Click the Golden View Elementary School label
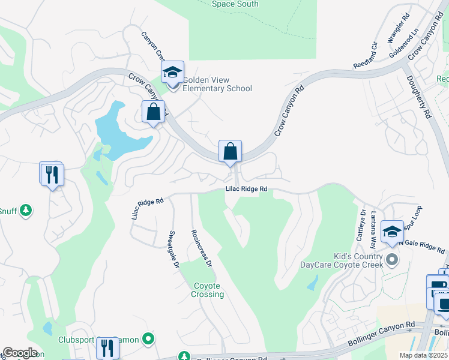coord(217,84)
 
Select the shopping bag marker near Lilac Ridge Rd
coord(230,152)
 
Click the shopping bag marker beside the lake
coord(153,112)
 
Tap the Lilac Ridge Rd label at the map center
coord(246,189)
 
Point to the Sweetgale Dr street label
coord(174,249)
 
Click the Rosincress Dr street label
coord(201,248)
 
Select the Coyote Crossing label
coord(208,290)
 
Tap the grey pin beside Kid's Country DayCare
coord(392,260)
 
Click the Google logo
coord(20,353)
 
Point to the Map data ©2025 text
coord(423,355)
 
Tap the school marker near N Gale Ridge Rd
coord(392,232)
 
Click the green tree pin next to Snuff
coord(25,211)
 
